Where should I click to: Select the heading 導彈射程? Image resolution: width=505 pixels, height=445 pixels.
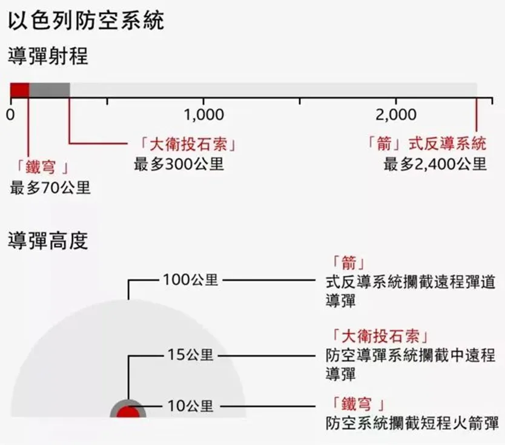(x=48, y=56)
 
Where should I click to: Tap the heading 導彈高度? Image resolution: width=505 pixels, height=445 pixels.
(x=48, y=241)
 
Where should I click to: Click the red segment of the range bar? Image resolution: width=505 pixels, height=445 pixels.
(x=19, y=90)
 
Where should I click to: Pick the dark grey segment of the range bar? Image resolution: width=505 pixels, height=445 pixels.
(x=49, y=90)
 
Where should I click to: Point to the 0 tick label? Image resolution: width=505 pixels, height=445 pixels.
(x=10, y=114)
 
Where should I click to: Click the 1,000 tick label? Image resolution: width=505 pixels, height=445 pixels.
(x=204, y=114)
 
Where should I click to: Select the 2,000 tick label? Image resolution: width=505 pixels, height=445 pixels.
(x=396, y=114)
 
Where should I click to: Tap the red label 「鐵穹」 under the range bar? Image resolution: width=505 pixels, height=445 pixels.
(x=41, y=166)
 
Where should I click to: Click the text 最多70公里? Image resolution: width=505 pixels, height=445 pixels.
(x=50, y=187)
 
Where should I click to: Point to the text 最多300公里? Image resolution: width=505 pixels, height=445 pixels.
(x=179, y=163)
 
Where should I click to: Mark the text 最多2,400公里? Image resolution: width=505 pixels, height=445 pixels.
(x=435, y=163)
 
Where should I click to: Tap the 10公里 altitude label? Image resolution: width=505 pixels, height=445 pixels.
(x=190, y=406)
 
